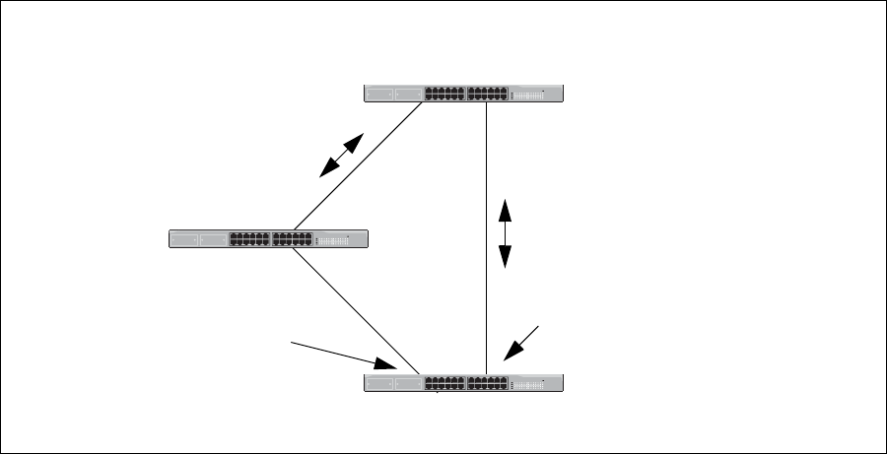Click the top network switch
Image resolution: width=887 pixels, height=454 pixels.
coord(463,94)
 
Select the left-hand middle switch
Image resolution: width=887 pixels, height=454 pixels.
coord(268,238)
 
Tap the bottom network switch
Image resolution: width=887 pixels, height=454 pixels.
coord(463,383)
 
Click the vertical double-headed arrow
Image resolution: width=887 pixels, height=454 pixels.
coord(506,233)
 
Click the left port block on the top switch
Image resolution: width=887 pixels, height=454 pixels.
coord(444,94)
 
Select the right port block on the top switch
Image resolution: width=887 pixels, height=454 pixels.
coord(488,94)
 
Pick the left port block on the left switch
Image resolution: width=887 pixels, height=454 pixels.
coord(249,238)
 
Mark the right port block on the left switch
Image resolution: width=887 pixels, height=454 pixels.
coord(293,238)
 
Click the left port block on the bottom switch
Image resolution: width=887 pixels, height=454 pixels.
coord(444,383)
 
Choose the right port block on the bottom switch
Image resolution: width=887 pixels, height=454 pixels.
coord(488,383)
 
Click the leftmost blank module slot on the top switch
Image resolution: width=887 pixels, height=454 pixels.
coord(377,94)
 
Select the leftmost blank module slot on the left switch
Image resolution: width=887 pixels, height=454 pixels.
coord(183,238)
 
